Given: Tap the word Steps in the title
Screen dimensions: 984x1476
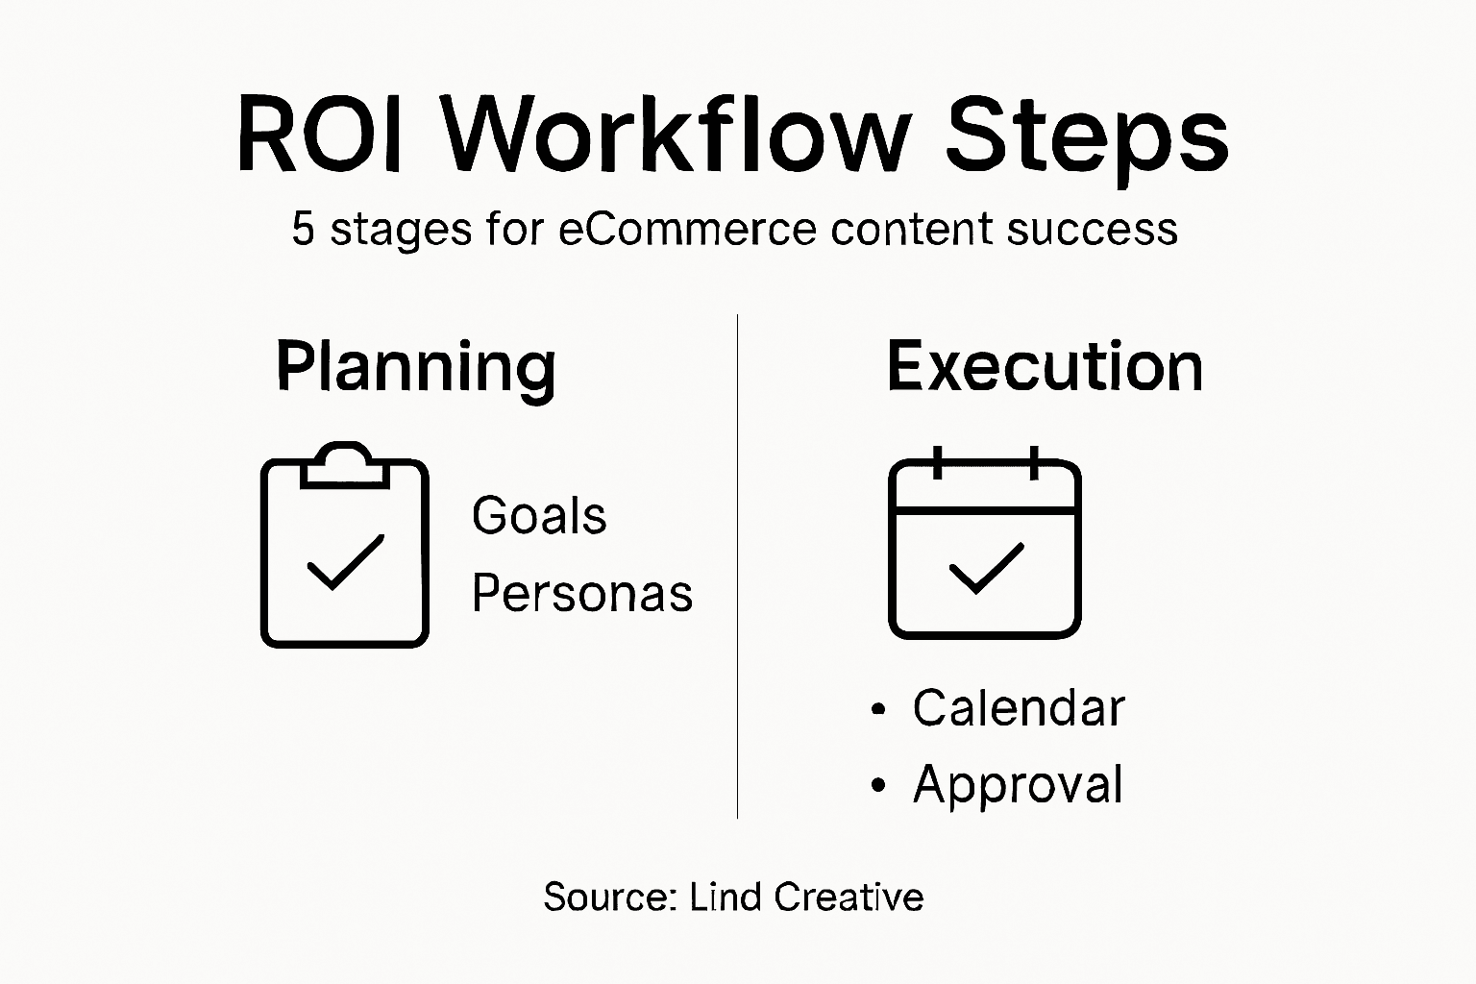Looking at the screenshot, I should click(1086, 139).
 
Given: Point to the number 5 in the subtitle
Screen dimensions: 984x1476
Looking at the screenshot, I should click(304, 230).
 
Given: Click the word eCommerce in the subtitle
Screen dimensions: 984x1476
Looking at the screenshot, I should click(687, 230).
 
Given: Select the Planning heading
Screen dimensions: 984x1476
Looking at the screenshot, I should click(415, 367).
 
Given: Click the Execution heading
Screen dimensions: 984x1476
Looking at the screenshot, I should click(1045, 367).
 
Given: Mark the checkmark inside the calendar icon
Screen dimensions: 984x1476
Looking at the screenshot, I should click(985, 568).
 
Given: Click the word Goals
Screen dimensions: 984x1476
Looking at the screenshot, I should click(539, 516).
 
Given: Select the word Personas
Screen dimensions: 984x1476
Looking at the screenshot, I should click(581, 593).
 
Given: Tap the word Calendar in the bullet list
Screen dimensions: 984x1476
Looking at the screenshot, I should click(1019, 709).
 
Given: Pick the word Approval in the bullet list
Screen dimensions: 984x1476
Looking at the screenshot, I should click(1018, 785).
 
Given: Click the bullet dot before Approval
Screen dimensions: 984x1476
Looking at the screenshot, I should click(876, 786).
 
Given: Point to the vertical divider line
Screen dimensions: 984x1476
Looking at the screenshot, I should click(737, 567).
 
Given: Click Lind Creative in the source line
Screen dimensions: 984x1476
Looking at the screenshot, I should click(806, 897).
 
